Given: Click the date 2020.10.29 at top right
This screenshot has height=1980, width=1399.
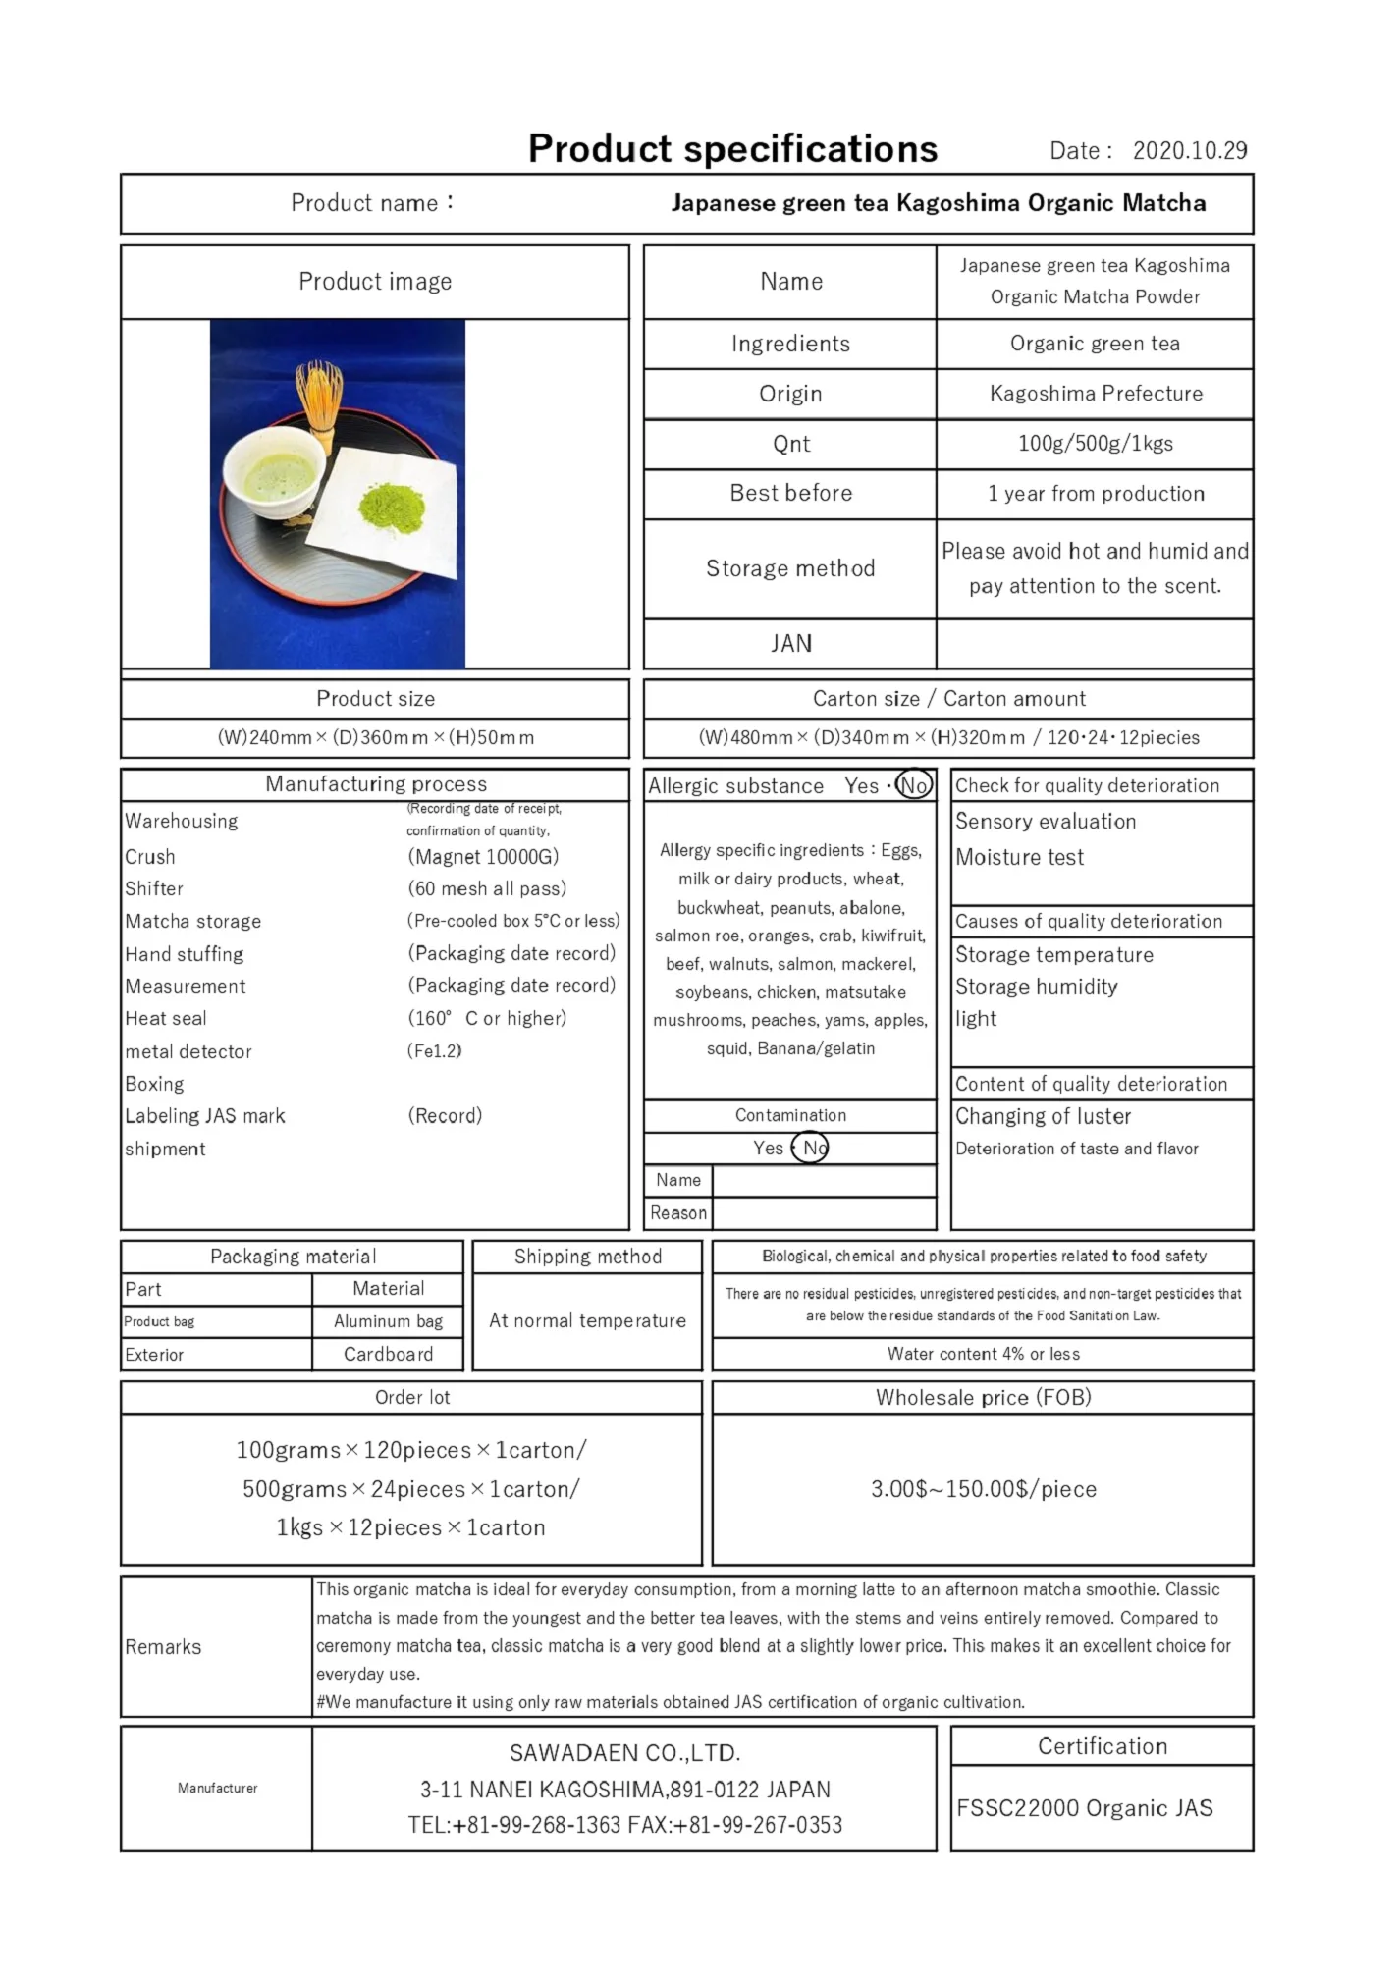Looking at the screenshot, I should (1189, 151).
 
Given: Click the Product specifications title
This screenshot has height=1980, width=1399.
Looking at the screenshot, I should (732, 149).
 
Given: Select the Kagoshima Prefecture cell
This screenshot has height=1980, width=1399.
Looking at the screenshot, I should (1095, 394).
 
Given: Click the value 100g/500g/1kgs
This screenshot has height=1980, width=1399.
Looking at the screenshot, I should (1095, 444).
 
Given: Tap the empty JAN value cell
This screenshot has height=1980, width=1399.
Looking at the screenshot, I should (1094, 644).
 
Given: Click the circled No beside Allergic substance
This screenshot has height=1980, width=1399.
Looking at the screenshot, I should (914, 785).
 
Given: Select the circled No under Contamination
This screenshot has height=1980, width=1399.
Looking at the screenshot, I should (811, 1148).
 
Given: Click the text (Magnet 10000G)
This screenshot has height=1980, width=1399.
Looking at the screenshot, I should (483, 857).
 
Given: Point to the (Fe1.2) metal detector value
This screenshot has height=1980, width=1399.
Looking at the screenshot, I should (434, 1051).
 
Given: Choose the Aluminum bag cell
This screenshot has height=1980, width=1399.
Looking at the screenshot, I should (388, 1321).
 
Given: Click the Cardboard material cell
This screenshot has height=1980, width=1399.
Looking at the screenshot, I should (388, 1355).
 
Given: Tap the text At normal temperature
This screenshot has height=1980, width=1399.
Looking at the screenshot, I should (587, 1321).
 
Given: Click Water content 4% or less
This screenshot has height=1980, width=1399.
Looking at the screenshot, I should (983, 1354).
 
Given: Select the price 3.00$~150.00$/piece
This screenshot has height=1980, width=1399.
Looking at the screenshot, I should (983, 1489).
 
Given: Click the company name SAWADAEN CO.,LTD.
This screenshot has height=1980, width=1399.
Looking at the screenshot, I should (624, 1753).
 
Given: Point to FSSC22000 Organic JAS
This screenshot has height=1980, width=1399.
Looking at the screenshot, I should (1084, 1808).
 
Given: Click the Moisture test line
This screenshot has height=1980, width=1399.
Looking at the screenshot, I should (1019, 858).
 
